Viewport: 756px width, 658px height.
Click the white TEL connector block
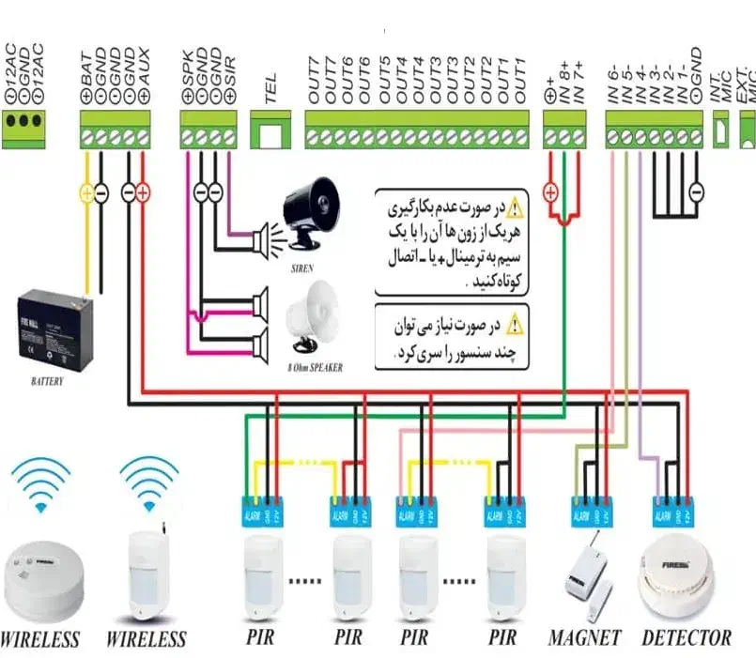(x=270, y=132)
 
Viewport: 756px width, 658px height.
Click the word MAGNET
(x=584, y=638)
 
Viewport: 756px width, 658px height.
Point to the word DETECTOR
(x=687, y=638)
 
